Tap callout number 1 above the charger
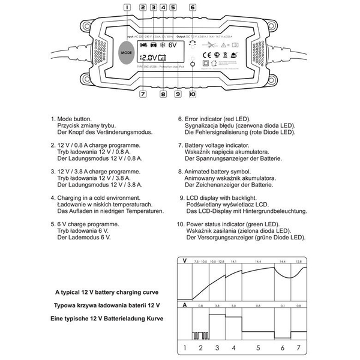point(127,7)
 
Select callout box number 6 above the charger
point(192,7)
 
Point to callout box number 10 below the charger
point(192,94)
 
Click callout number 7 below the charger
point(143,94)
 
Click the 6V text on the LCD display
point(172,45)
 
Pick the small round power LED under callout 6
point(192,62)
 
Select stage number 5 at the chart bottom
point(257,347)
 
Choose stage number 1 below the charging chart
point(185,347)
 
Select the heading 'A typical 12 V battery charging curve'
point(107,292)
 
